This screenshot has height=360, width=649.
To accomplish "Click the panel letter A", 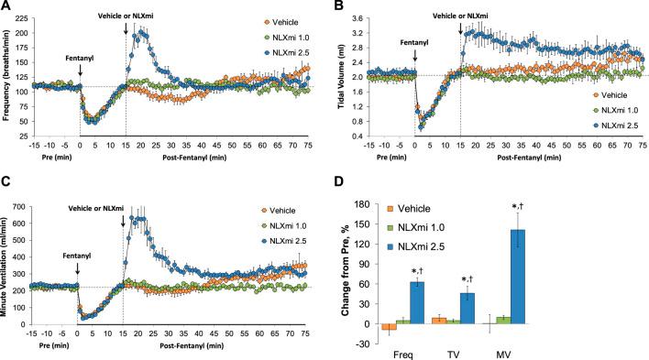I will (x=7, y=7).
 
